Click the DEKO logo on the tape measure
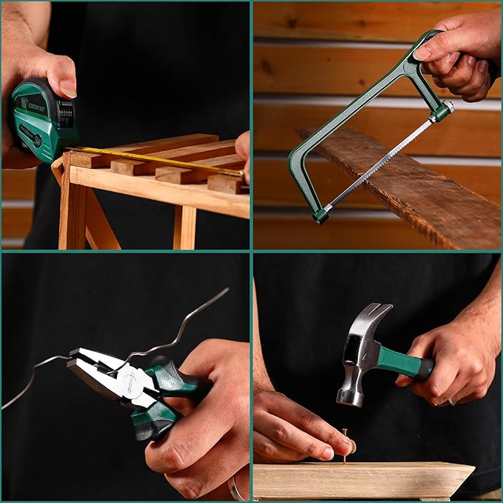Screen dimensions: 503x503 (x=33, y=106)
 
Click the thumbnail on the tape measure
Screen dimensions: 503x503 (x=67, y=88)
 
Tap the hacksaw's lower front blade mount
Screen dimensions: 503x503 (x=321, y=214)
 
